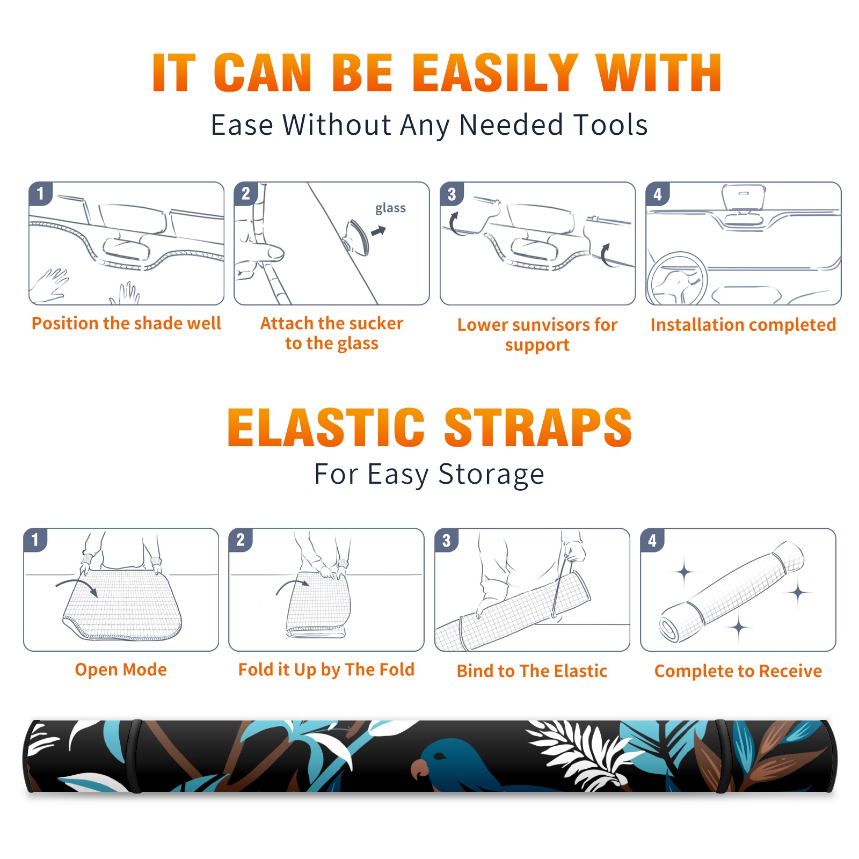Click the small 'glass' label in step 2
[390, 208]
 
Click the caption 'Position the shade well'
[126, 323]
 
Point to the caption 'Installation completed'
[743, 324]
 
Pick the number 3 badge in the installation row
[452, 194]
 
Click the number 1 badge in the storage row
[35, 540]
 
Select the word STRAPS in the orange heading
[538, 427]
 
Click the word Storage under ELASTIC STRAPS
[491, 475]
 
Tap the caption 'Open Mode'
[121, 669]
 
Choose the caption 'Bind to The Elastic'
[532, 671]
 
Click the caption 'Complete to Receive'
[738, 671]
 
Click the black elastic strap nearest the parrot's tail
[724, 756]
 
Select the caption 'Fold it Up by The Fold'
[326, 669]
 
